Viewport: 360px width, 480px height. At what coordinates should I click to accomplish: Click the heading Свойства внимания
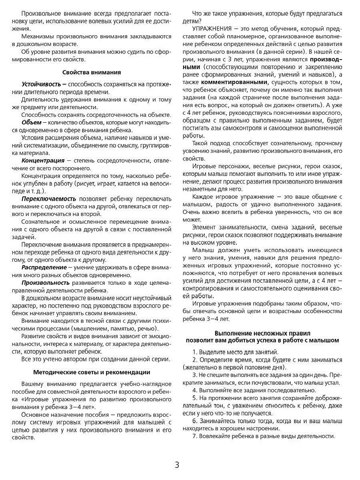92,72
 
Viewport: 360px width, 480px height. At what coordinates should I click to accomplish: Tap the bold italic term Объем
31,122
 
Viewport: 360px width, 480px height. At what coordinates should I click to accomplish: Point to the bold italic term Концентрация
43,160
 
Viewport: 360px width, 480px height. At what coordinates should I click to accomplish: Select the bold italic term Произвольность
46,282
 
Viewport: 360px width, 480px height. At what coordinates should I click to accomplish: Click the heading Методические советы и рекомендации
92,372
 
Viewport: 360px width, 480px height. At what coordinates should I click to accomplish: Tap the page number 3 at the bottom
177,465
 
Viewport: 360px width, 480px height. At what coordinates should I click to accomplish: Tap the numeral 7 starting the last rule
194,436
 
